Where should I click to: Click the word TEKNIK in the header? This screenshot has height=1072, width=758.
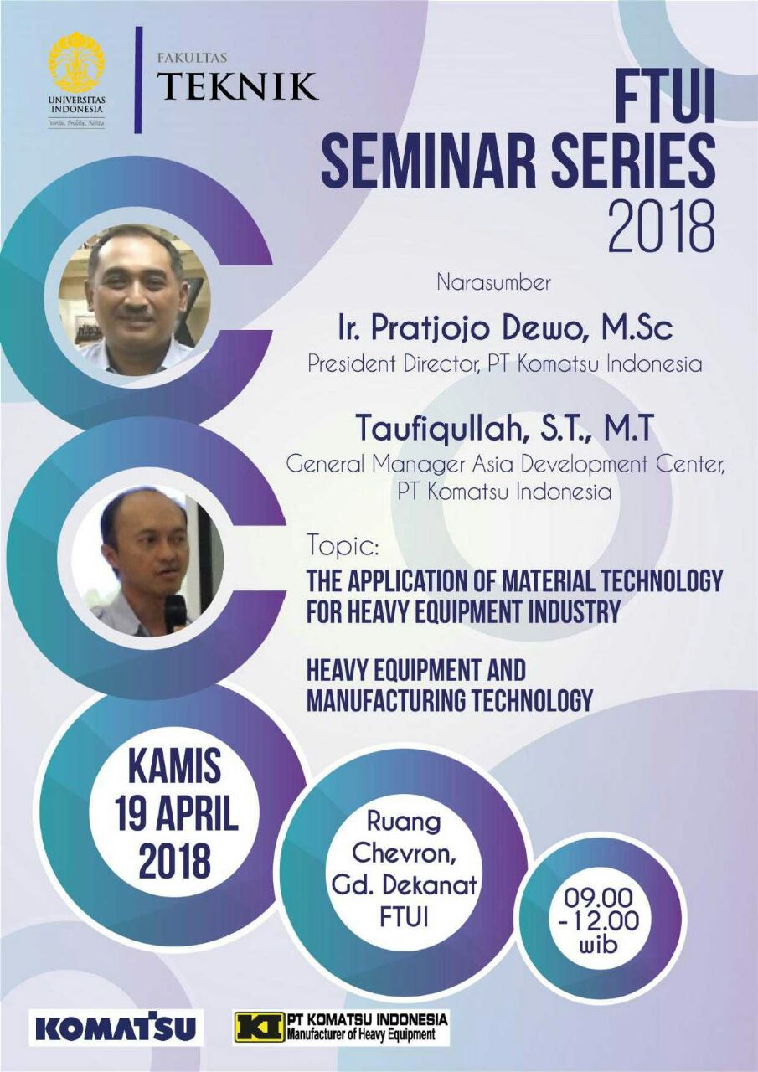pyautogui.click(x=239, y=85)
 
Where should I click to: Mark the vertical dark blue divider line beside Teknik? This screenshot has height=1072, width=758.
pyautogui.click(x=139, y=80)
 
